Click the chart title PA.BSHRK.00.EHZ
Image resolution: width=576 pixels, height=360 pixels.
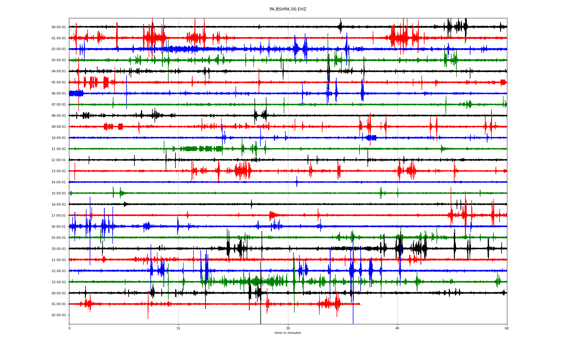(288, 9)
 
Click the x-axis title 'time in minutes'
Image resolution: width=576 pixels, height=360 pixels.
(288, 333)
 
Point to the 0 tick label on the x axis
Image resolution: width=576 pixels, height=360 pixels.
(69, 328)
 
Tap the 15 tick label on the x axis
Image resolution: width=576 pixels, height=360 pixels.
(178, 328)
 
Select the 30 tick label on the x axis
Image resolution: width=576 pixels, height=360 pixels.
(288, 328)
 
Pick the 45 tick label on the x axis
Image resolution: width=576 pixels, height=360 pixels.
(397, 328)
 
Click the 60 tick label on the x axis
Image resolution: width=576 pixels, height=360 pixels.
(507, 328)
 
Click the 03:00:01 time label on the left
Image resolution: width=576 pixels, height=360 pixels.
(58, 60)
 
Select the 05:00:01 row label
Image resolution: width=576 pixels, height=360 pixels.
(58, 82)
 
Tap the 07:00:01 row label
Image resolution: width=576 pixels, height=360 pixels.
(58, 105)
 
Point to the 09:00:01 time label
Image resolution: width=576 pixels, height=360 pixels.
(58, 127)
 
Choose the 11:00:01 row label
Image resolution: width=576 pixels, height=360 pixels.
(58, 149)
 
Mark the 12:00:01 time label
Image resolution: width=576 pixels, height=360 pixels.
(58, 160)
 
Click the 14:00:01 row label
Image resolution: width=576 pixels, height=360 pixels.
(58, 182)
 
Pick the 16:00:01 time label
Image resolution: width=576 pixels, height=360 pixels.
(58, 205)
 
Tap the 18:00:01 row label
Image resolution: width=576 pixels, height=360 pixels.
(58, 227)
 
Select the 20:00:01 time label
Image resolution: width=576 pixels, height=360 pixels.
(58, 249)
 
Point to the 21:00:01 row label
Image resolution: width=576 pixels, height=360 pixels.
(58, 260)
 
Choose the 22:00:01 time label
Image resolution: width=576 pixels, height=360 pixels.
(58, 271)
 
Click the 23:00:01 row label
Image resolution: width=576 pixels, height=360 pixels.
(58, 282)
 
